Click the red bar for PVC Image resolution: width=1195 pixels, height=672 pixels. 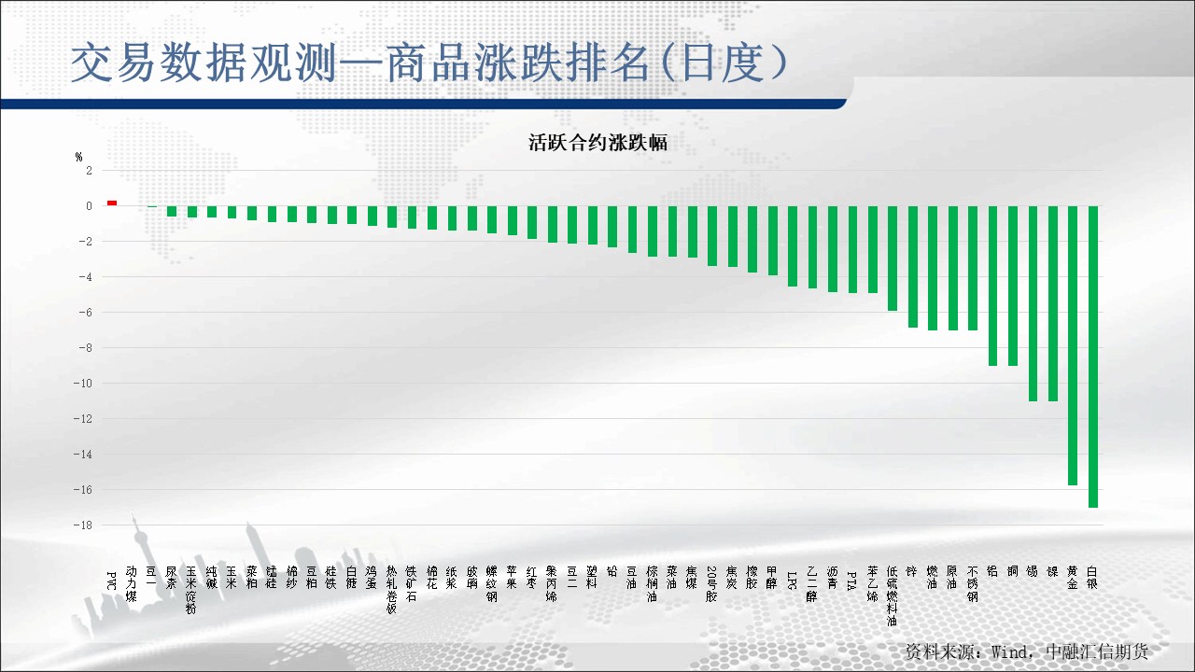click(x=112, y=203)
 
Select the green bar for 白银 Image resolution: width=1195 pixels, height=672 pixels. click(x=1092, y=356)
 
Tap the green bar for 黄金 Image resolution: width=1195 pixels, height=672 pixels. click(x=1073, y=345)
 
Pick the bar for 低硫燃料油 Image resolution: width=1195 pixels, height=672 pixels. click(x=893, y=258)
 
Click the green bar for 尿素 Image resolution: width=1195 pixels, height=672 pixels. click(x=172, y=211)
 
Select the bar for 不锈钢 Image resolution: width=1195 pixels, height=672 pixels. click(x=973, y=268)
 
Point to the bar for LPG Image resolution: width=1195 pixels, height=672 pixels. click(x=793, y=245)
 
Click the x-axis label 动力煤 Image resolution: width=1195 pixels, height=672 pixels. click(x=132, y=583)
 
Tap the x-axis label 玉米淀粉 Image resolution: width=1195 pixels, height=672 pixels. click(x=191, y=589)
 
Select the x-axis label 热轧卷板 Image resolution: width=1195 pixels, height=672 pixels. click(x=392, y=589)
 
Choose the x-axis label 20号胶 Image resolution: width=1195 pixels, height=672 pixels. click(x=712, y=585)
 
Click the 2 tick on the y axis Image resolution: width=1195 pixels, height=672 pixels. click(x=89, y=171)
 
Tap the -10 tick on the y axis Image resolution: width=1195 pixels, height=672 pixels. click(x=85, y=384)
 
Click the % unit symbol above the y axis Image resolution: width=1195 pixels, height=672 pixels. click(x=79, y=157)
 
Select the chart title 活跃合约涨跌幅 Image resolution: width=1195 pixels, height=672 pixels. click(x=597, y=143)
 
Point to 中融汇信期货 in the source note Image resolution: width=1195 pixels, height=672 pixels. click(x=1097, y=651)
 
